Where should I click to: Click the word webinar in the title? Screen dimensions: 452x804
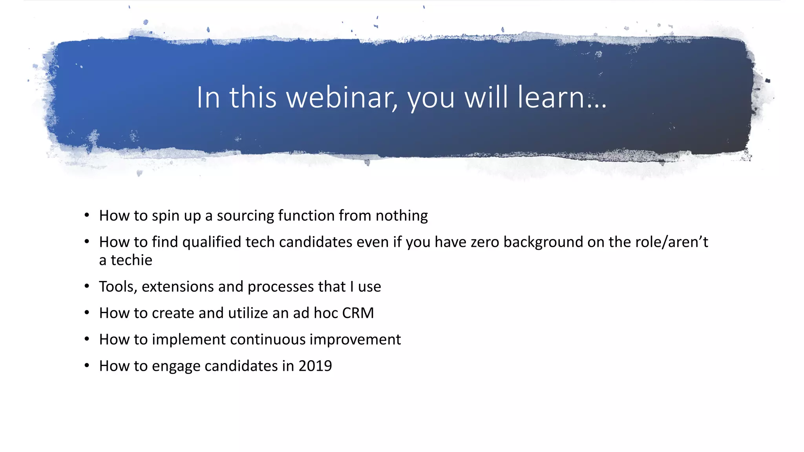342,97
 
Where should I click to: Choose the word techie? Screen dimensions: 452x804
131,260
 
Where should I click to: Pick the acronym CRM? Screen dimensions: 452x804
358,313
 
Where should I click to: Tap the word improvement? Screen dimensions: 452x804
355,339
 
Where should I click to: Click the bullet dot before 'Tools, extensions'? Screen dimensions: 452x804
87,286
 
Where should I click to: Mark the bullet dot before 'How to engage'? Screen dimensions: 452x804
87,365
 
